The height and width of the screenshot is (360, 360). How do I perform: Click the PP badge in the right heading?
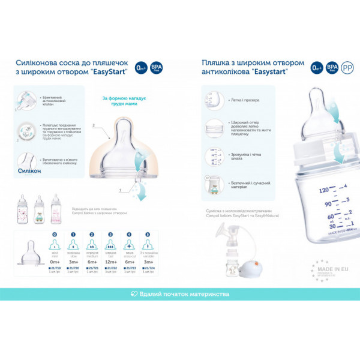(x=347, y=68)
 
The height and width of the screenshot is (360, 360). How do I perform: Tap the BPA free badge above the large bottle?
(x=331, y=68)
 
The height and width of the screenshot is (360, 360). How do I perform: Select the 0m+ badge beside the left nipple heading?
(x=140, y=67)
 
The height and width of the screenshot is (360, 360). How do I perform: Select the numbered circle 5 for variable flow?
(x=148, y=234)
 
